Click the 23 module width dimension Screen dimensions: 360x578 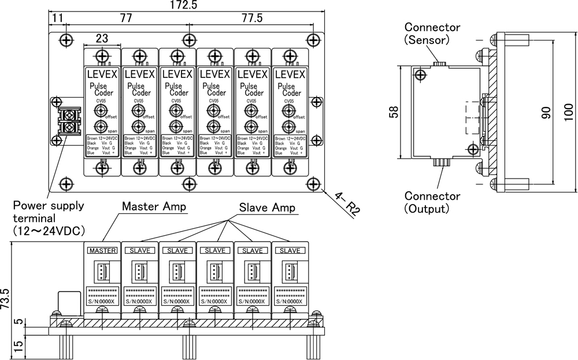point(102,39)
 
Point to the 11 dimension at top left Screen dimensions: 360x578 point(57,18)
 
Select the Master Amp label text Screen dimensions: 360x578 point(154,207)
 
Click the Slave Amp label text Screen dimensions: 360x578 point(268,207)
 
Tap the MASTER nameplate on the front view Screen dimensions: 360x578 point(102,251)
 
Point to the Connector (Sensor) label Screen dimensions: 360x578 point(432,34)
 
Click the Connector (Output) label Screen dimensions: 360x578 point(432,202)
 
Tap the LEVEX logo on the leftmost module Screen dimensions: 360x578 point(102,75)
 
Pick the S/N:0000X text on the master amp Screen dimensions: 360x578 point(102,301)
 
